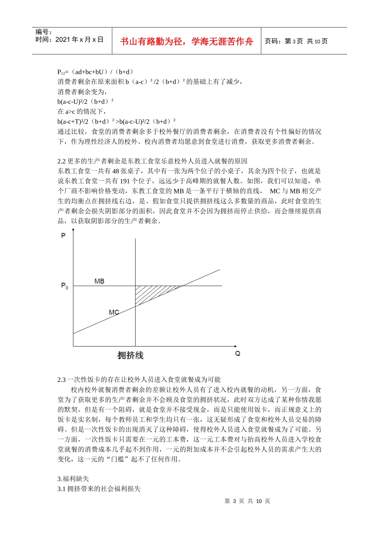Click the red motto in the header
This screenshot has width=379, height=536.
coord(186,41)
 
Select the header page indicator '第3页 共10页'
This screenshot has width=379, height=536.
coord(306,41)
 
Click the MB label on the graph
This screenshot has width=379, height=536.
coord(99,281)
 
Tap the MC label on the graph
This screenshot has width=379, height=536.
coord(114,312)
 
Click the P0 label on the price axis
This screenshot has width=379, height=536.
coord(64,286)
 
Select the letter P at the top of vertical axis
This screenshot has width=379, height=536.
coord(63,236)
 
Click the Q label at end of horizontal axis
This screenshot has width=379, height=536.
coord(238,354)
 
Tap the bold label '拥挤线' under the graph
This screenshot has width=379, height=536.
coord(130,355)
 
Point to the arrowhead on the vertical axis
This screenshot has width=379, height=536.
coord(73,230)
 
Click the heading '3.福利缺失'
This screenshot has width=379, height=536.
coord(73,479)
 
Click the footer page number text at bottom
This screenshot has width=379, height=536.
coord(247,501)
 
